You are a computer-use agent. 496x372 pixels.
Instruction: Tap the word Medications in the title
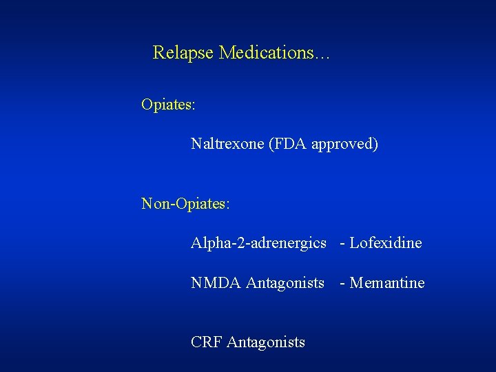tap(265, 53)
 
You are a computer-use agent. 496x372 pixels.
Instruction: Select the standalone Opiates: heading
tap(168, 105)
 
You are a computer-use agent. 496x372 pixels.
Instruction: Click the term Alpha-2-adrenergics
tap(258, 243)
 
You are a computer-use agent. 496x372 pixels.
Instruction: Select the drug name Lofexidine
tap(386, 243)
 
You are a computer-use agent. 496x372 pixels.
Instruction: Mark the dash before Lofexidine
tap(343, 244)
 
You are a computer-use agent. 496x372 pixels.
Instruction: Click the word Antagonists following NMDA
tap(285, 283)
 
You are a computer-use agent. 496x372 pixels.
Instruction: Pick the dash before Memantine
tap(343, 284)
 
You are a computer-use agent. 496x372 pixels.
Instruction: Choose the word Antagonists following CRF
tap(266, 342)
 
